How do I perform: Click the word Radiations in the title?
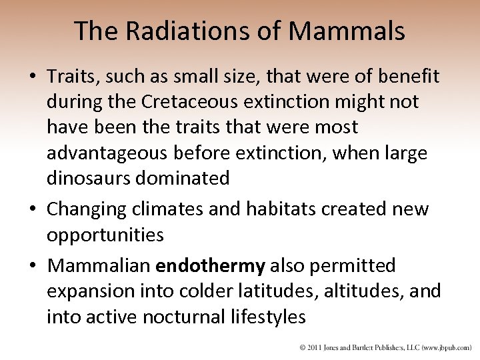click(x=175, y=31)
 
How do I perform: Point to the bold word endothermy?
click(x=210, y=266)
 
